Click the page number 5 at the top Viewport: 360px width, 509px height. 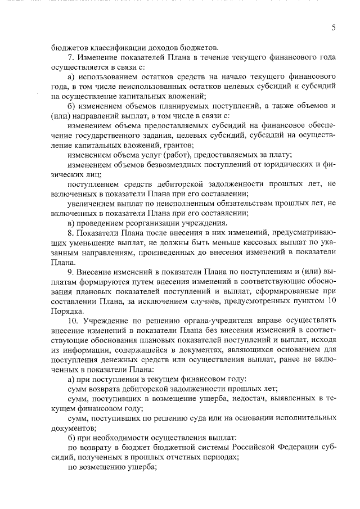333,27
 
